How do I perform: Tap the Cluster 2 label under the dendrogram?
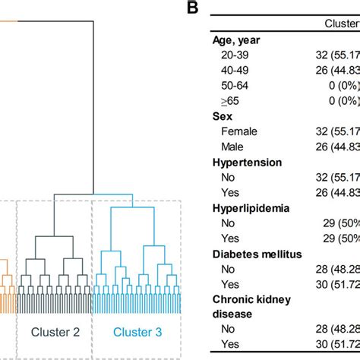(55, 331)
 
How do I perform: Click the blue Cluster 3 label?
(138, 331)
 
